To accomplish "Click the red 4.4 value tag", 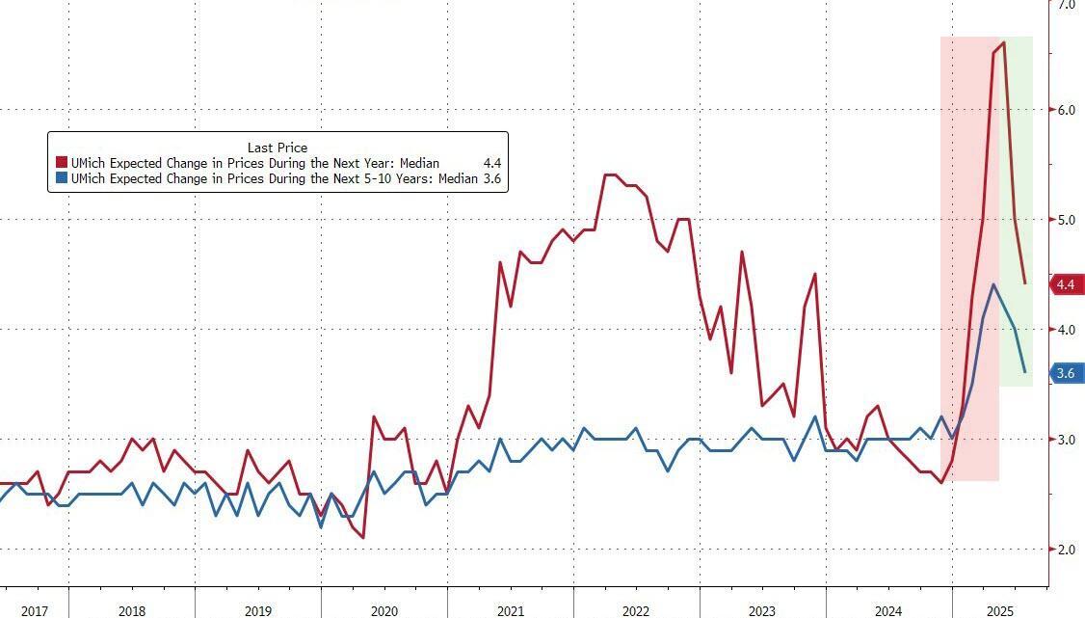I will click(1065, 284).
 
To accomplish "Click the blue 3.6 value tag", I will click(1065, 373).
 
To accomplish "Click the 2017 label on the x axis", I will click(34, 611).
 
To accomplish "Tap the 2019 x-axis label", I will click(258, 611).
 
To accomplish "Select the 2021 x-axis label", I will click(511, 611).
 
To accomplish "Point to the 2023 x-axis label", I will click(761, 611).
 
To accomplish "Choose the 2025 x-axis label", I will click(999, 611).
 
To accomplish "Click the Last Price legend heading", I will click(278, 148).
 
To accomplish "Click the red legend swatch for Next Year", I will click(62, 164).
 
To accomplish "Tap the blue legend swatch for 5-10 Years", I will click(62, 179).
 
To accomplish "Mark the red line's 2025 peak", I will click(1004, 42).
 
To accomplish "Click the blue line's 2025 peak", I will click(993, 285).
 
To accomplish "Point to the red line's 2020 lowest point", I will click(362, 537).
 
